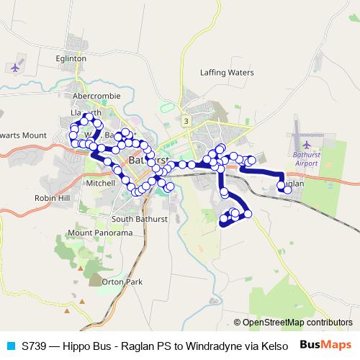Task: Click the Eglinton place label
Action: (x=71, y=58)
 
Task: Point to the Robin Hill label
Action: (x=51, y=197)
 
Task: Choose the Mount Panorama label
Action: (x=100, y=233)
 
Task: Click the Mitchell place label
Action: (x=100, y=184)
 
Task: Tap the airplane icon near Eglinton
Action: (x=16, y=68)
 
